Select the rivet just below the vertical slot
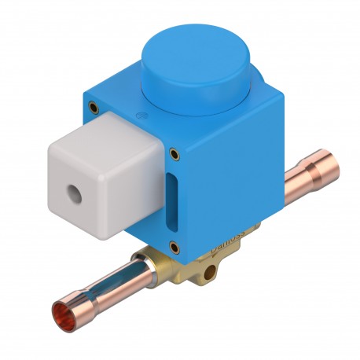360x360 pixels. pyautogui.click(x=174, y=248)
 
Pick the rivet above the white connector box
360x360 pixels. pyautogui.click(x=94, y=105)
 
